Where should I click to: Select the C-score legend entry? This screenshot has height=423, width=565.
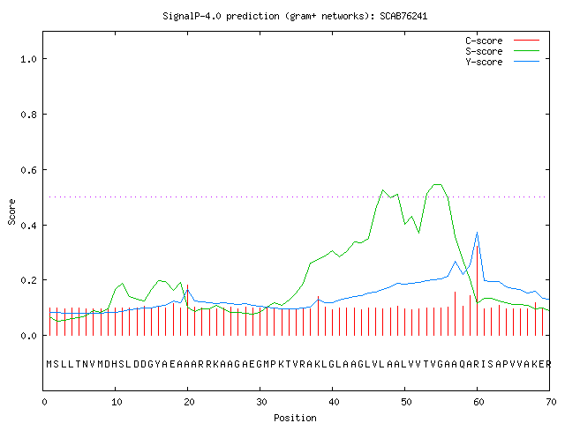coord(502,41)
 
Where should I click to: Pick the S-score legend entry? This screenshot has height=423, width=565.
coord(502,51)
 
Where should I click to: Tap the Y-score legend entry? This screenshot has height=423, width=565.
coord(502,62)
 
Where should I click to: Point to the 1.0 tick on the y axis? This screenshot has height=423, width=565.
coord(29,59)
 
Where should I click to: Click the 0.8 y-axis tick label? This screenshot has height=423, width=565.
coord(29,115)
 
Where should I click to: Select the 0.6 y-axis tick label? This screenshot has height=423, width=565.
coord(29,170)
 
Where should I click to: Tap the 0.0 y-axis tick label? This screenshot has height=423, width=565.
coord(29,336)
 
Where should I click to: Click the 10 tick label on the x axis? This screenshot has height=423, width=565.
coord(117,402)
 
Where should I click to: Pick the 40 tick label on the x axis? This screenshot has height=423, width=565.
coord(334,402)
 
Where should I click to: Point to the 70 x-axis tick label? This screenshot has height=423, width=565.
coord(551,402)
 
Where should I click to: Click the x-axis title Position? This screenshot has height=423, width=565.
coord(295,418)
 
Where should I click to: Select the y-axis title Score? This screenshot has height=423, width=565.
coord(11,211)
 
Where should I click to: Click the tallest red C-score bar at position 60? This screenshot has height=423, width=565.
coord(478,291)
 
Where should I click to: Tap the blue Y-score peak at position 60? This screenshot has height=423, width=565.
coord(478,233)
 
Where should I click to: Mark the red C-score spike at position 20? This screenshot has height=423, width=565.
coord(188,310)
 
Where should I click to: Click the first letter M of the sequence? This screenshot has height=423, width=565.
coord(49,364)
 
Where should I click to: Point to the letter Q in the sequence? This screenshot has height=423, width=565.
coord(463,364)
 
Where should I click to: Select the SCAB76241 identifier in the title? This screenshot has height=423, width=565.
coord(403,16)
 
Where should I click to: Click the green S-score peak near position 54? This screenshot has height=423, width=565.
coord(438,184)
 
